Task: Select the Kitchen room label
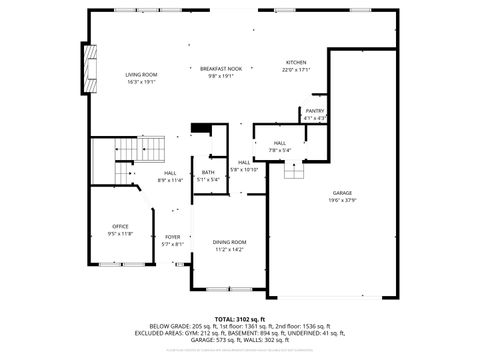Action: point(296,62)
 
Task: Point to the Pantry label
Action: point(315,111)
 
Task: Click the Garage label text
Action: point(343,193)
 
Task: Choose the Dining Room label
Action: point(229,243)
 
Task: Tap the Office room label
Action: point(120,226)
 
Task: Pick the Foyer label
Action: point(173,237)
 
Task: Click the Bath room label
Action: point(208,173)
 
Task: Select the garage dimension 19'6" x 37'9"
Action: point(343,200)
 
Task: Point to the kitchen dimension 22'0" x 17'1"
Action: point(296,70)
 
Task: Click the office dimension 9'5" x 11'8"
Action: point(120,233)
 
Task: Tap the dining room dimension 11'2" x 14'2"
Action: point(229,250)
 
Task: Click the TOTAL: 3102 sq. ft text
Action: point(239,318)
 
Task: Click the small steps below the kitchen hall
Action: point(292,172)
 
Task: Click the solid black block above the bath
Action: point(200,128)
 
